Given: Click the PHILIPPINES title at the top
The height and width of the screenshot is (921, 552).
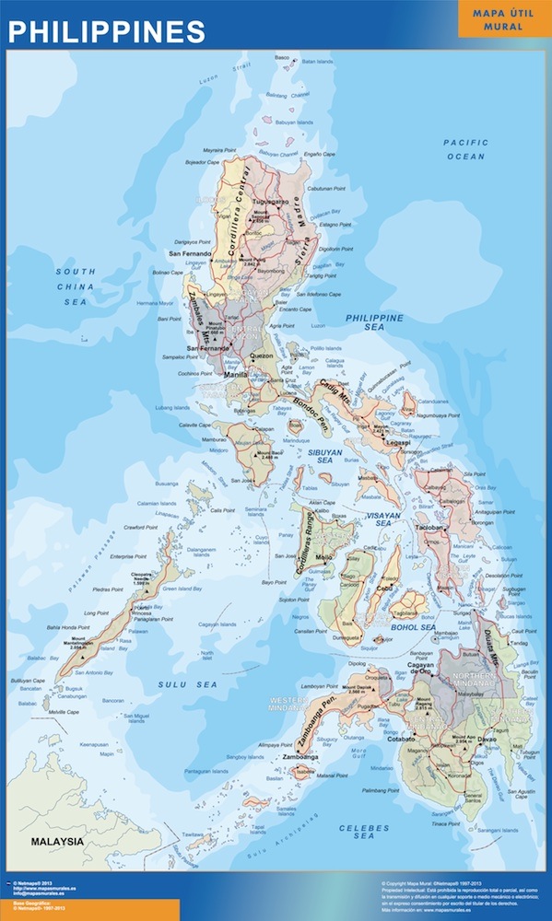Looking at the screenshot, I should tap(107, 30).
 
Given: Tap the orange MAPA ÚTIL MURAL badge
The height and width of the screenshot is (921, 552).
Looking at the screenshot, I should tap(503, 19).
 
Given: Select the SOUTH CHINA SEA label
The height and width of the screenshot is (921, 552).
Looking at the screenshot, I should tap(75, 286).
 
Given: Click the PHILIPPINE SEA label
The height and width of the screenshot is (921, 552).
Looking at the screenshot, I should tap(374, 323).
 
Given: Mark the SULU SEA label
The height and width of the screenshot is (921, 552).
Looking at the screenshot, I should tap(187, 684).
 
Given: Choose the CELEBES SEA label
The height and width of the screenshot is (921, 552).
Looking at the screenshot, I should tap(364, 834).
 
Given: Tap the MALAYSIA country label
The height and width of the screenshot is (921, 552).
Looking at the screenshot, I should tap(57, 842).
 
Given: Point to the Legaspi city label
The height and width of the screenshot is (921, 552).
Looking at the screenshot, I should tap(397, 442).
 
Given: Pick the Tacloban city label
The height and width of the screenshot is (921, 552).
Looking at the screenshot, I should tap(430, 530).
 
